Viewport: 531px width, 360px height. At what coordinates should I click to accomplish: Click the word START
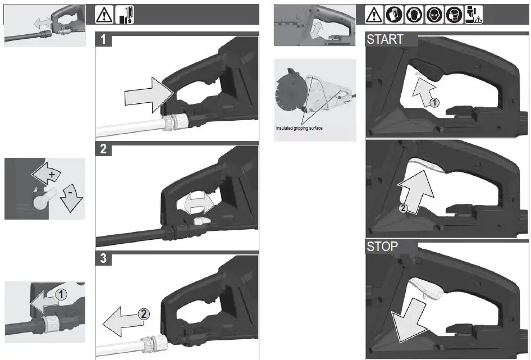coord(385,39)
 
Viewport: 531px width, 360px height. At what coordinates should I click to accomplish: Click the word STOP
coord(382,247)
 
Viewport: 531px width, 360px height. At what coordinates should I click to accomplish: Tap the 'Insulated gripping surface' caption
coord(299,128)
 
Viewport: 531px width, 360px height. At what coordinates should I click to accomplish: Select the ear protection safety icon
coord(414,15)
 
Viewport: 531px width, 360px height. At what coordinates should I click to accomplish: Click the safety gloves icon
coord(395,15)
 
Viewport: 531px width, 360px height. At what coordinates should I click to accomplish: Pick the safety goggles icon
coord(434,15)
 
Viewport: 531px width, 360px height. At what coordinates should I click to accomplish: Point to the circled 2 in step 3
coord(144,315)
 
